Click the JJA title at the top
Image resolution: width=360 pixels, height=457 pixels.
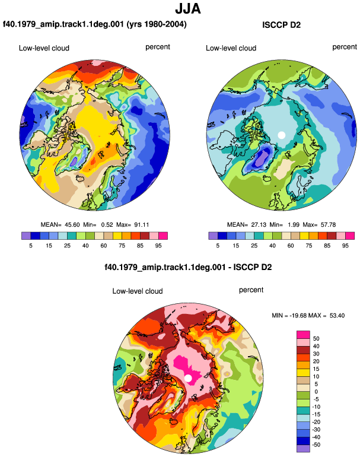188,9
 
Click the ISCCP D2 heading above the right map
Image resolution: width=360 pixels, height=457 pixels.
281,25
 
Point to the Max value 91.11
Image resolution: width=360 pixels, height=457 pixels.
142,225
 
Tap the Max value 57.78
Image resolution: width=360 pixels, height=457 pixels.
328,225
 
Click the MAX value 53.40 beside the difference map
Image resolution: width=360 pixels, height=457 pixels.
337,315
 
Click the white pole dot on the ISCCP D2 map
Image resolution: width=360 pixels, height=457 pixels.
281,135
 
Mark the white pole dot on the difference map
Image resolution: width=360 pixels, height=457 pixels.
188,378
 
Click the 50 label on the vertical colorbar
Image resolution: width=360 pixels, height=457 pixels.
316,339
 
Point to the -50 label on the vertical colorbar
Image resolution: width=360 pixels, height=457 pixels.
316,445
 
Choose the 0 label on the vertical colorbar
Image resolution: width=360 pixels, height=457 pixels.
316,392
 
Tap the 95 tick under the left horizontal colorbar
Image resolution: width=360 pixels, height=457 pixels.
158,246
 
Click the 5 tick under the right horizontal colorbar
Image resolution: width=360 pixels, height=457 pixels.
218,246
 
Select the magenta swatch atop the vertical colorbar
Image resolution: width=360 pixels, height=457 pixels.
303,335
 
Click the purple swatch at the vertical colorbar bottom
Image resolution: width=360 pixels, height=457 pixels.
303,449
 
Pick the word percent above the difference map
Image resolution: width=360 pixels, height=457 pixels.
251,290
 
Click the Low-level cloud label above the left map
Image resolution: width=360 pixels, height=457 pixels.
44,48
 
